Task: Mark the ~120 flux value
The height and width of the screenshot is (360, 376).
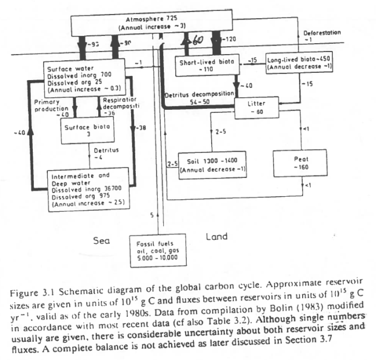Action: click(x=230, y=39)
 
